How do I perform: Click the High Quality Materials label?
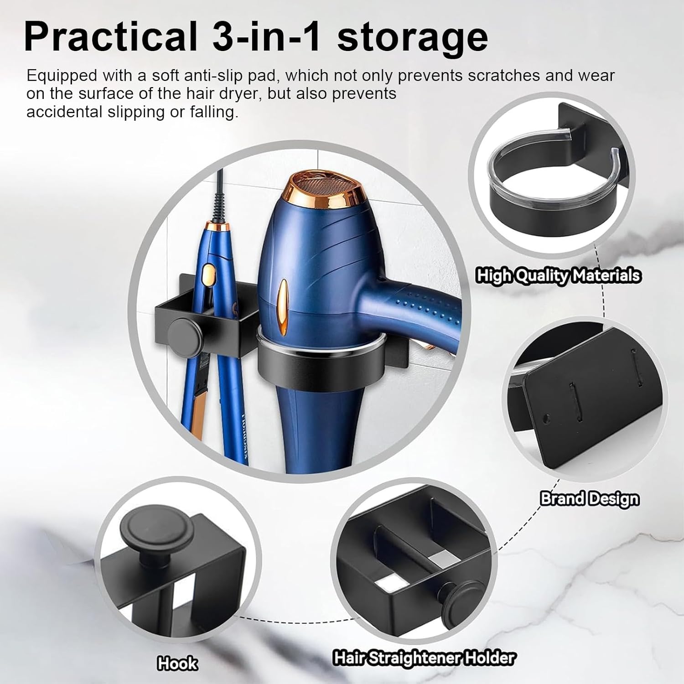559,276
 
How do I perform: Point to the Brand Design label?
590,498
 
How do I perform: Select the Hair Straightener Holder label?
424,658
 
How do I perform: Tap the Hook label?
177,663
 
